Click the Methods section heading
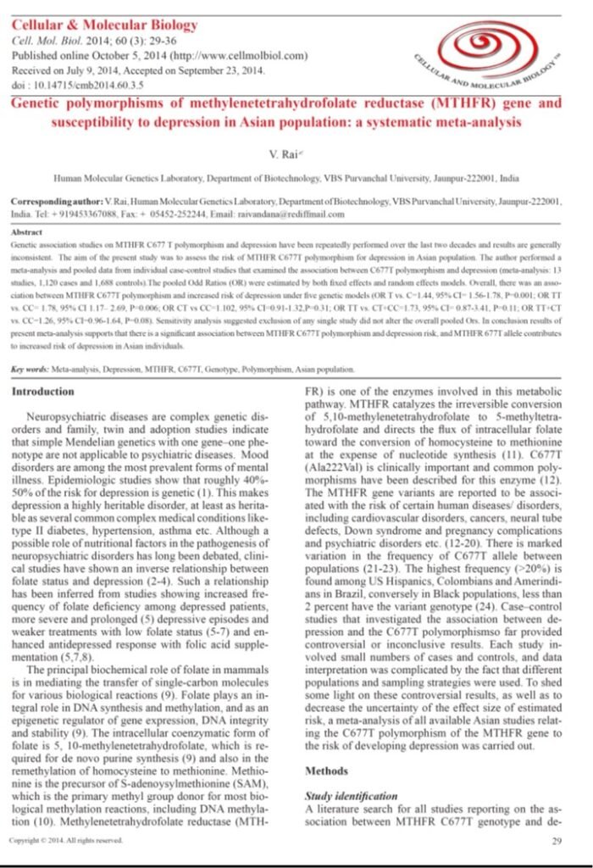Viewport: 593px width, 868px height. [325, 771]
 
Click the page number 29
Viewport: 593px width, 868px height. [556, 842]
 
